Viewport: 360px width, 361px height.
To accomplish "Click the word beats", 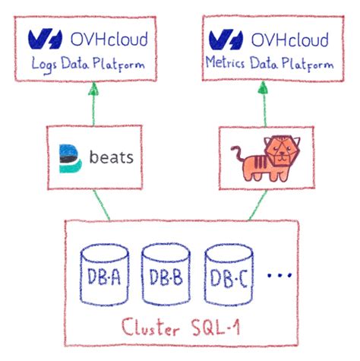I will [x=111, y=158].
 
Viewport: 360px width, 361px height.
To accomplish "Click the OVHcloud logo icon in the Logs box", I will [x=43, y=39].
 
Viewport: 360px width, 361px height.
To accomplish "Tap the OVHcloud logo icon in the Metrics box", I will [x=224, y=39].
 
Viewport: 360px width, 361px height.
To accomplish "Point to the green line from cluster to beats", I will [x=102, y=205].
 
